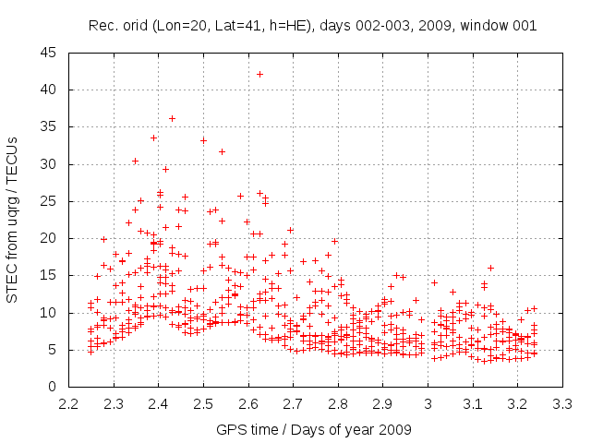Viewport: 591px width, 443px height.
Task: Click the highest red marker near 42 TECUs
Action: click(259, 75)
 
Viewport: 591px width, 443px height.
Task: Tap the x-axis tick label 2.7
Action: click(294, 404)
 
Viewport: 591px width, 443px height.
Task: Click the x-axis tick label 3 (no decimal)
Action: click(428, 404)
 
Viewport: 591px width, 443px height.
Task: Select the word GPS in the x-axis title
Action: click(231, 429)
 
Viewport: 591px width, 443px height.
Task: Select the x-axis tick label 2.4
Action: click(159, 404)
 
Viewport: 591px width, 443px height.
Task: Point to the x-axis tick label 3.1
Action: click(473, 404)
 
